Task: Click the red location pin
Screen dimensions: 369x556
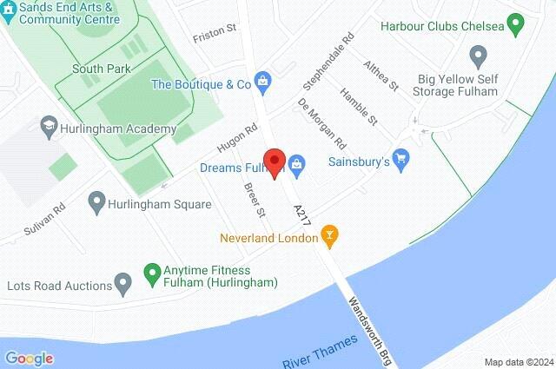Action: point(275,162)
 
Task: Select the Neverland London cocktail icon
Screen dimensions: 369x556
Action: point(329,234)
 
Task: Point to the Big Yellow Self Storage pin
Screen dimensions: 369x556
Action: point(477,57)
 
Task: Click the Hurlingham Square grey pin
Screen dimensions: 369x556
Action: point(96,204)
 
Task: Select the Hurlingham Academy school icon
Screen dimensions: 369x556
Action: point(48,128)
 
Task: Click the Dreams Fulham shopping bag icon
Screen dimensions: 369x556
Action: point(296,162)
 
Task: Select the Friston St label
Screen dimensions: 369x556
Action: point(215,30)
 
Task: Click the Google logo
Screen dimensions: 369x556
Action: point(29,358)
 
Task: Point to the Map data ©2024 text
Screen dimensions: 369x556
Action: point(518,361)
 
